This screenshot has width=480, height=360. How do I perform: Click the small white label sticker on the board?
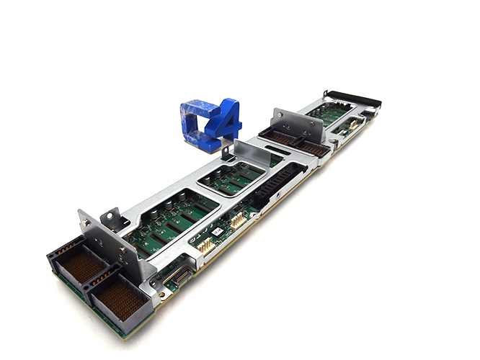pos(215,232)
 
